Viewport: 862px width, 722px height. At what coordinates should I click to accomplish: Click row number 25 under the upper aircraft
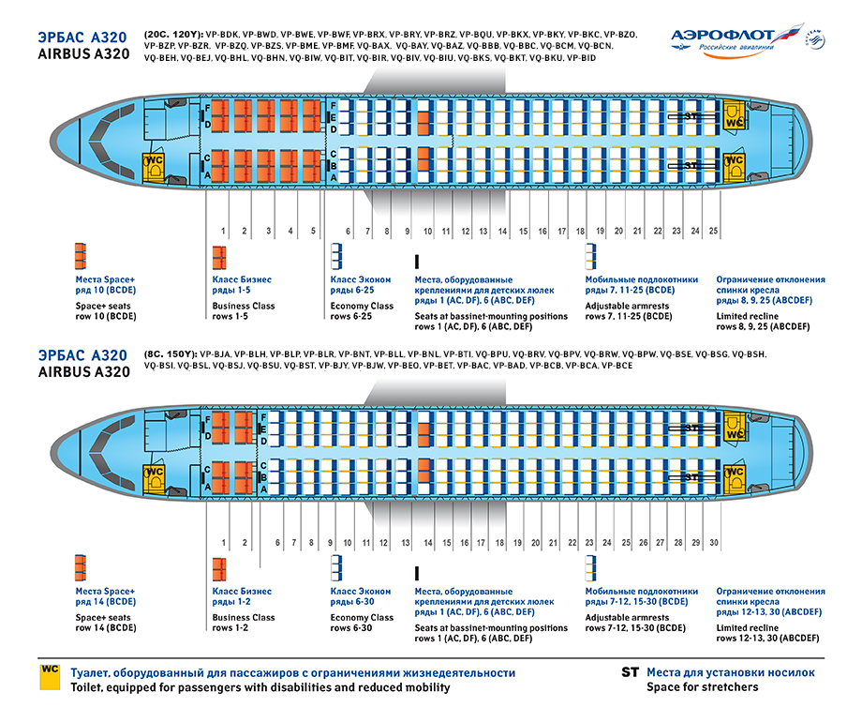coord(714,230)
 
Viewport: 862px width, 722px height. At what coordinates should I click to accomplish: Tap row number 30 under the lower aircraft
coord(714,543)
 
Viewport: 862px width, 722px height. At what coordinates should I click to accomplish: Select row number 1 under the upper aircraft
coord(223,230)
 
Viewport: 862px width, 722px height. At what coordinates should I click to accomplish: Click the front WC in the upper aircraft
coord(152,166)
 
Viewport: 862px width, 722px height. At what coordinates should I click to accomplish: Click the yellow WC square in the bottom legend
coord(50,679)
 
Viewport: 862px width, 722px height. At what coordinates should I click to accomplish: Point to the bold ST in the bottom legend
coord(630,672)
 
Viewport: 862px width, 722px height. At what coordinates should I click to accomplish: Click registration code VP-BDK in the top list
coord(214,35)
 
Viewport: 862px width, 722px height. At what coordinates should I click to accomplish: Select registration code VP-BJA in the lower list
coord(216,353)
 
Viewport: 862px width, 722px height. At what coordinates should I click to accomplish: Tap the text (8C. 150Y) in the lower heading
coord(170,353)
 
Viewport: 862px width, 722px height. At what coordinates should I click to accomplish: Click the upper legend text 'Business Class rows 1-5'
coord(244,311)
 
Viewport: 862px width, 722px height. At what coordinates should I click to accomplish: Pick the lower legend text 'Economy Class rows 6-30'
coord(362,624)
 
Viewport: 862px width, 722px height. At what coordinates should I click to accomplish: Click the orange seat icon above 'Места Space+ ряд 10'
coord(80,256)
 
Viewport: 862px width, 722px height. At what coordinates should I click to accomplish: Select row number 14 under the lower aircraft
coord(427,543)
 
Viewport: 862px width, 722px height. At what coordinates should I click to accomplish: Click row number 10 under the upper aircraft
coord(426,230)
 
